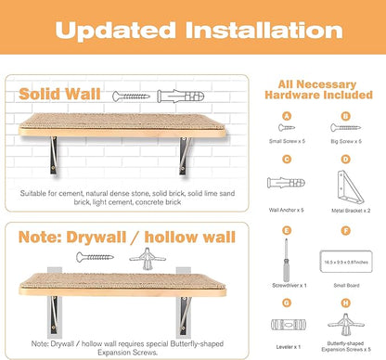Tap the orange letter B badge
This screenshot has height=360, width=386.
[x=345, y=115]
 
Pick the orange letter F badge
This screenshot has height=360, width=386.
[x=345, y=228]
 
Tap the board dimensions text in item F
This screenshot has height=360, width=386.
[x=345, y=264]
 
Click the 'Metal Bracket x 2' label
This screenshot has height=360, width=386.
[x=345, y=212]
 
